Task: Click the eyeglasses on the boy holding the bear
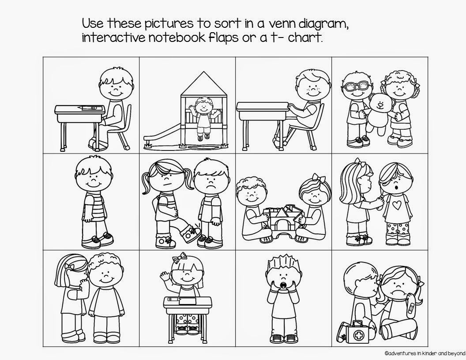356,86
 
